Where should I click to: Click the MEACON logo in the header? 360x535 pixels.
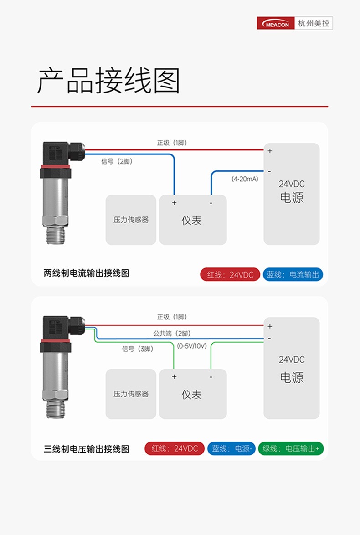pyautogui.click(x=276, y=23)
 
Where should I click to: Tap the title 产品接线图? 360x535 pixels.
pyautogui.click(x=108, y=81)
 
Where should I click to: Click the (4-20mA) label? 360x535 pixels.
pyautogui.click(x=245, y=179)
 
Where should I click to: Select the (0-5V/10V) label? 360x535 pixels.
pyautogui.click(x=192, y=346)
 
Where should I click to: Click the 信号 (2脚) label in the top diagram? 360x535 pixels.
pyautogui.click(x=117, y=161)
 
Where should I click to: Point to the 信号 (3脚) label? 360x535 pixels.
pyautogui.click(x=138, y=349)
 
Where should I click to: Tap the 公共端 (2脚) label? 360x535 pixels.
pyautogui.click(x=172, y=334)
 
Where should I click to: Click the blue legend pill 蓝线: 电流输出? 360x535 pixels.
pyautogui.click(x=293, y=274)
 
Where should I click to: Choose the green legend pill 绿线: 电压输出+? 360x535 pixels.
pyautogui.click(x=291, y=448)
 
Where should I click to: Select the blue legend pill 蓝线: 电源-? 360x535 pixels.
pyautogui.click(x=231, y=448)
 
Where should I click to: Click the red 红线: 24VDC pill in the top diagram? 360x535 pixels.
pyautogui.click(x=230, y=274)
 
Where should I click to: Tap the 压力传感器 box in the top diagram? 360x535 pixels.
pyautogui.click(x=131, y=220)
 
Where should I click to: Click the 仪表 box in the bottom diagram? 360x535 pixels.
pyautogui.click(x=193, y=394)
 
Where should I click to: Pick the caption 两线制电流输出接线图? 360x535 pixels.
pyautogui.click(x=86, y=273)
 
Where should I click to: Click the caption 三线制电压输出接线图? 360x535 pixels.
pyautogui.click(x=86, y=449)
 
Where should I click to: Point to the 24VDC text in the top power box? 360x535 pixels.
pyautogui.click(x=291, y=184)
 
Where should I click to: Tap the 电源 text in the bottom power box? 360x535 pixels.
pyautogui.click(x=292, y=377)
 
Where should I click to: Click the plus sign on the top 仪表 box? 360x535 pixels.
pyautogui.click(x=174, y=203)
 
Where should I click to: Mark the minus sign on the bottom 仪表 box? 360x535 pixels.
pyautogui.click(x=211, y=377)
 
